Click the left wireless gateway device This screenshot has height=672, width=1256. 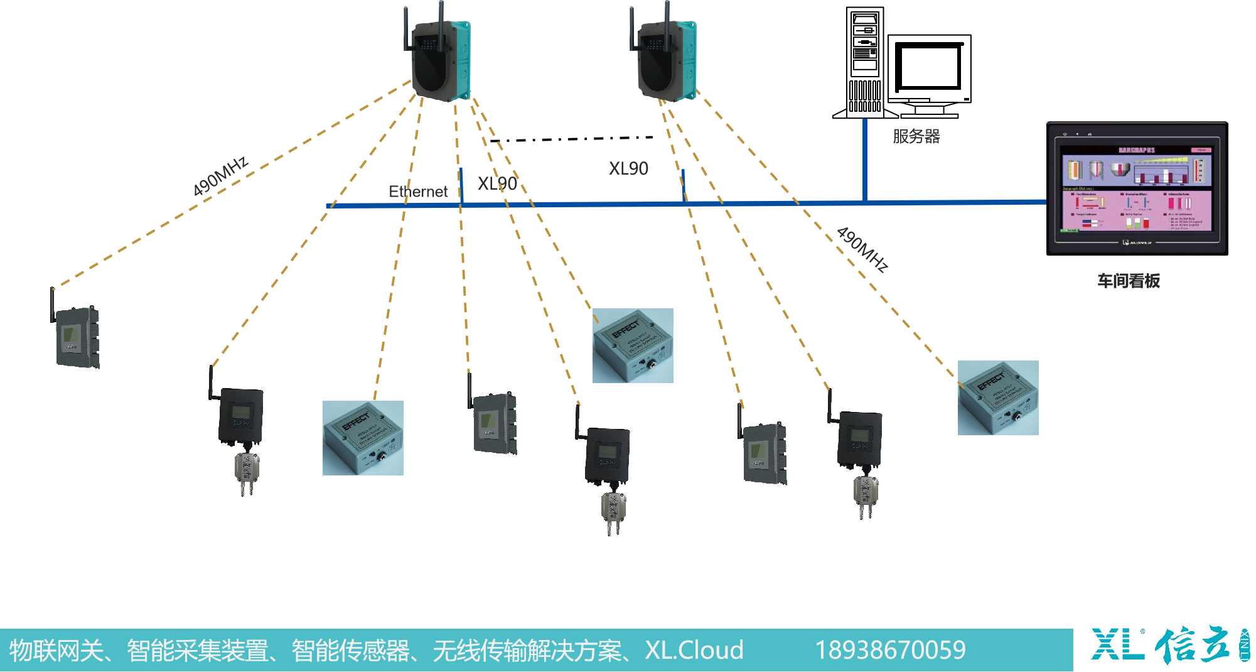[x=440, y=60]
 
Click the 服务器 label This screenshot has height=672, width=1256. [x=916, y=136]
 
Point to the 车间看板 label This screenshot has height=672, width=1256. [x=1128, y=281]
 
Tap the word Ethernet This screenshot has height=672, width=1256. [x=418, y=192]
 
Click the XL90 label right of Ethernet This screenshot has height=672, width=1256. [x=497, y=183]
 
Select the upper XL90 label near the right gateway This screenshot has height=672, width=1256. [x=628, y=168]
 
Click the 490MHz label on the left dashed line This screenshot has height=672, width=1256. [x=220, y=176]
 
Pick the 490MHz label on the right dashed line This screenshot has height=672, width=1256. [x=862, y=249]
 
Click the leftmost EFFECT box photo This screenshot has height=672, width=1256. [x=363, y=438]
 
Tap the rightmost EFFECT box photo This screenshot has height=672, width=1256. [x=998, y=398]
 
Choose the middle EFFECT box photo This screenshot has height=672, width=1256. [x=633, y=345]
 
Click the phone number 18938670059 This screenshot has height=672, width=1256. [x=890, y=650]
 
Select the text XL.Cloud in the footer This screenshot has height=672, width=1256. [x=694, y=650]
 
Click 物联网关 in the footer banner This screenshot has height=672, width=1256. [x=56, y=650]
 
